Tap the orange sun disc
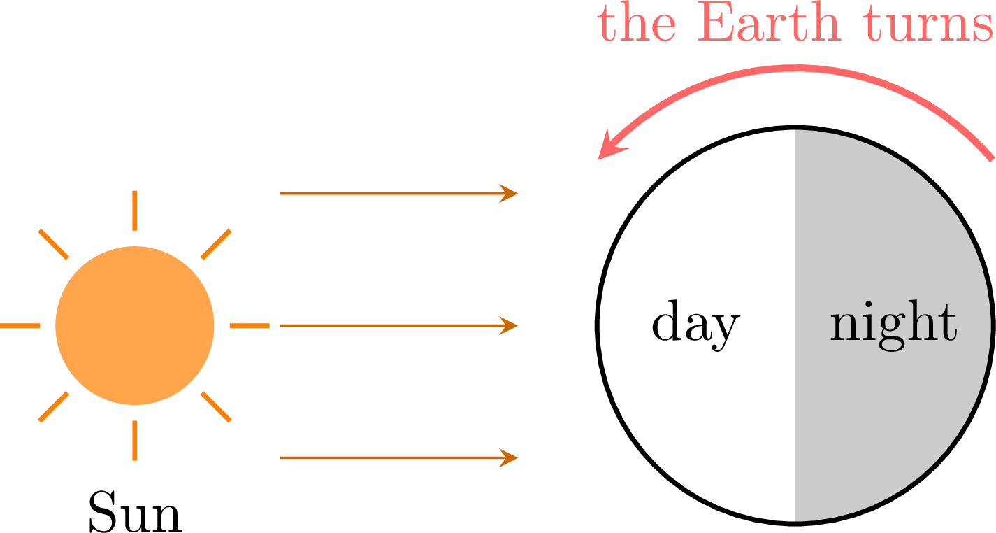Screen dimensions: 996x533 click(135, 326)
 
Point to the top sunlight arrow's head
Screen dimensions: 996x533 click(510, 194)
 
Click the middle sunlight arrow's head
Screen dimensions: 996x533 click(510, 326)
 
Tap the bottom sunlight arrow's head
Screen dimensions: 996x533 click(510, 458)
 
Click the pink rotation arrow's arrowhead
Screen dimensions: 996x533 click(610, 146)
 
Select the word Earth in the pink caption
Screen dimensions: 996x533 click(769, 23)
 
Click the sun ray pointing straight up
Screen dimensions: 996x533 click(135, 211)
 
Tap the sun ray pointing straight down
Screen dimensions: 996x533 click(135, 441)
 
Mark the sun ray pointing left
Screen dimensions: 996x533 click(20, 326)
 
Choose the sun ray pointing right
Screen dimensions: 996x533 click(250, 326)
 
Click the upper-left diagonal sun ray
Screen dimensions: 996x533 click(53, 244)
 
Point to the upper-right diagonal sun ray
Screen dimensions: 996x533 click(216, 244)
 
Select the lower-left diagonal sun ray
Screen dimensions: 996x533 click(53, 407)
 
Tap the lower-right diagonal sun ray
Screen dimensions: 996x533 click(216, 407)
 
